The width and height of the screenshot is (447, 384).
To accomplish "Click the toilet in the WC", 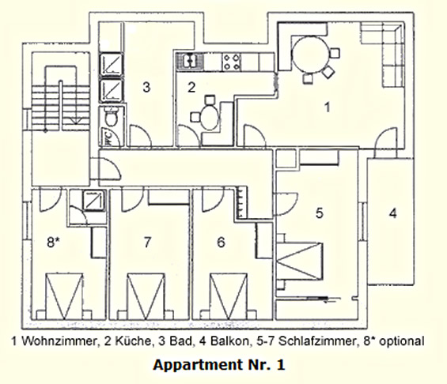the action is click(112, 117).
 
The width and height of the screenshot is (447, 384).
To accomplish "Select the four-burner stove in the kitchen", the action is click(232, 62).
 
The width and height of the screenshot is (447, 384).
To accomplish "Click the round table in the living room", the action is click(311, 55).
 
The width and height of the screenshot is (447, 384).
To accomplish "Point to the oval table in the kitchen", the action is click(210, 117).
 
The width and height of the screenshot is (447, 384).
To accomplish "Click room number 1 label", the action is click(328, 107).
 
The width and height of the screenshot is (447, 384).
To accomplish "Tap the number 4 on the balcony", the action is click(393, 213).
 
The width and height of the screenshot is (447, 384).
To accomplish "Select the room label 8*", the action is click(53, 243).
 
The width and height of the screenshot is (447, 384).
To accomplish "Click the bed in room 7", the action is click(146, 296).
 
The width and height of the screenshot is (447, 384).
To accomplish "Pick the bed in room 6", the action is click(229, 296).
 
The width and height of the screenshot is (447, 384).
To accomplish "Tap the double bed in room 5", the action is click(300, 261).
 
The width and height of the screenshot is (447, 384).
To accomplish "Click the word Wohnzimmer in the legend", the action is click(59, 341).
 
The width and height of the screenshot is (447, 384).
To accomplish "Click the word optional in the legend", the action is click(402, 341).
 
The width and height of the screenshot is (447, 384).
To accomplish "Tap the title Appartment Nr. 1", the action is click(219, 365).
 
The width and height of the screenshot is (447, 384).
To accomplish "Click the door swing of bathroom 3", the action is click(141, 136).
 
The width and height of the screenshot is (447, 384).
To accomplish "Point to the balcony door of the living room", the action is click(386, 142).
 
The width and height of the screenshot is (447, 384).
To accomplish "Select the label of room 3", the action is click(146, 87).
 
